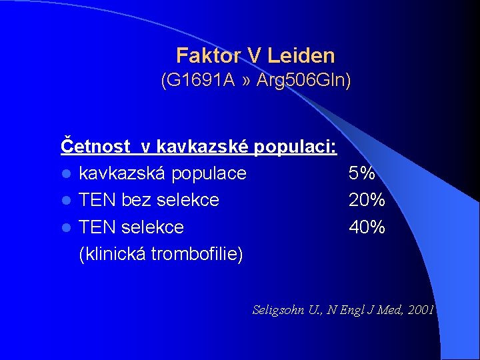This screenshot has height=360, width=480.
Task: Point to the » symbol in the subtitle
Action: pyautogui.click(x=247, y=81)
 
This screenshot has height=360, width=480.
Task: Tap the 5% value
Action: pyautogui.click(x=362, y=173)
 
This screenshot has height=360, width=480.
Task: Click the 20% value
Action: pyautogui.click(x=367, y=200)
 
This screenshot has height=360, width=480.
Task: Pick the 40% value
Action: pyautogui.click(x=367, y=227)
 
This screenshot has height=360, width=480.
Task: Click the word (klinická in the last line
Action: pyautogui.click(x=112, y=254)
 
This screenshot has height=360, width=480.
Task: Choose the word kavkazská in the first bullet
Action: pyautogui.click(x=122, y=173)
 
